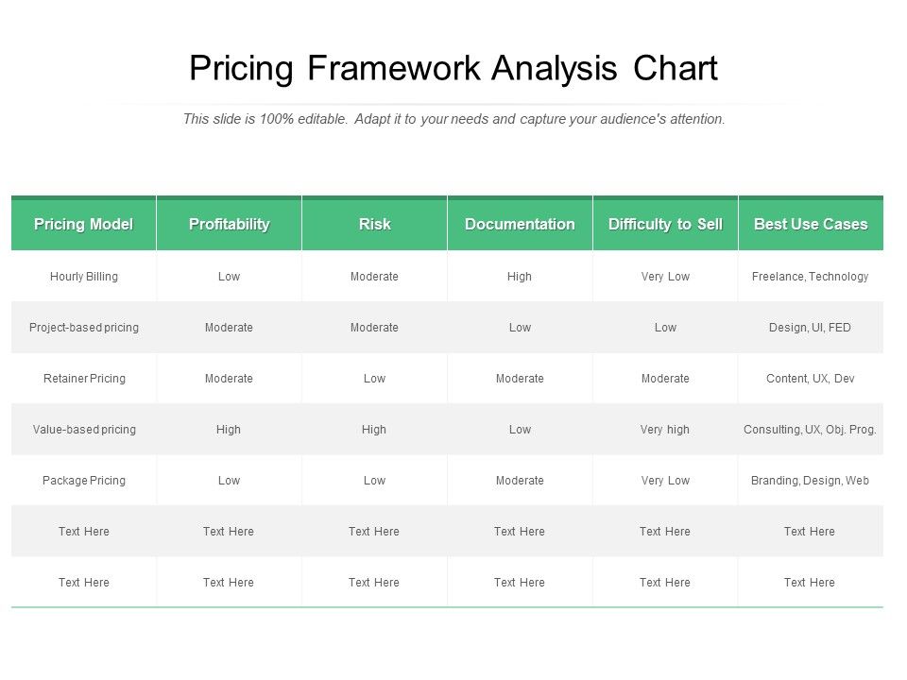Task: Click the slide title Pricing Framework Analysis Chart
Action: [x=453, y=69]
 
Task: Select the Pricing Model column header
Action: [x=84, y=224]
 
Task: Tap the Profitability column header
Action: [x=229, y=224]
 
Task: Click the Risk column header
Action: [x=374, y=224]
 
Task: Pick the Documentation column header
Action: [x=520, y=224]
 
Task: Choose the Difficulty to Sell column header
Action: [x=665, y=224]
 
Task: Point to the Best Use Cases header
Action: [x=811, y=224]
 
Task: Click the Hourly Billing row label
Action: [x=84, y=277]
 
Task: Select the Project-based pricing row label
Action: [x=84, y=328]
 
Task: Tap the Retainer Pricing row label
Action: [x=84, y=379]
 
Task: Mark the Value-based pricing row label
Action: [x=84, y=430]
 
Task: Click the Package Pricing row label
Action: [x=84, y=481]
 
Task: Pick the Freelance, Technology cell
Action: [x=811, y=277]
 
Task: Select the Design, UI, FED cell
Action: [x=811, y=328]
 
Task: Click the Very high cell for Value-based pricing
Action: [x=665, y=430]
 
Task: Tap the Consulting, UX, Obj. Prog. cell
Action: [x=811, y=430]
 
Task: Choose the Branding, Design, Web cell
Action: [x=811, y=481]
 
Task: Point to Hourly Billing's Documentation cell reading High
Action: [x=520, y=277]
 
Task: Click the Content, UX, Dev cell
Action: [x=811, y=379]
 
